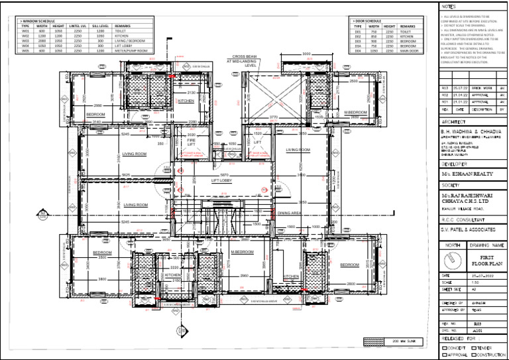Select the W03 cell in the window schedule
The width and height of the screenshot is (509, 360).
26,40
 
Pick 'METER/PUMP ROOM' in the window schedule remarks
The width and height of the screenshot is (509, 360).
130,50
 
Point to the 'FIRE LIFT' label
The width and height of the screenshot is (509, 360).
190,142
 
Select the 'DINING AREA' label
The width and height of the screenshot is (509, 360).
290,213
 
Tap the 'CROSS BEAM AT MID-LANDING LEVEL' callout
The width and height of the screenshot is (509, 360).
241,61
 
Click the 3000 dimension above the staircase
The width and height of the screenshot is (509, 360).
306,54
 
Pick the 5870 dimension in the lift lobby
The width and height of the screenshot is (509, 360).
224,174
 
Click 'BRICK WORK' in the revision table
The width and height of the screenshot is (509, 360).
481,88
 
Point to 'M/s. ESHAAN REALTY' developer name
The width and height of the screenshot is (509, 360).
464,173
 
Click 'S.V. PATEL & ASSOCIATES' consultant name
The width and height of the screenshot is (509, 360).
468,229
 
